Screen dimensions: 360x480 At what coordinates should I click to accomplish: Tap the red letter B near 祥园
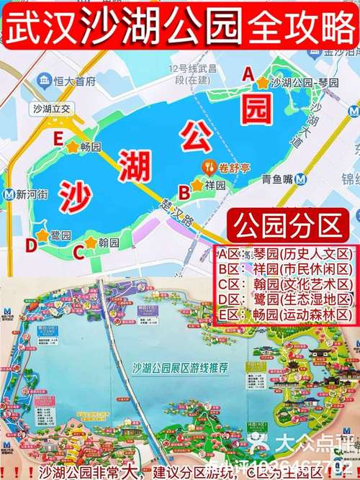tap(184, 191)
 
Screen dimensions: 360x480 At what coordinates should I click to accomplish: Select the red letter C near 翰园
tap(77, 253)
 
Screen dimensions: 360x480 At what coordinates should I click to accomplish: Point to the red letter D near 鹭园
tap(30, 245)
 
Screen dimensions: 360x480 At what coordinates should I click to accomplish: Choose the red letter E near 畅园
tap(57, 140)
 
